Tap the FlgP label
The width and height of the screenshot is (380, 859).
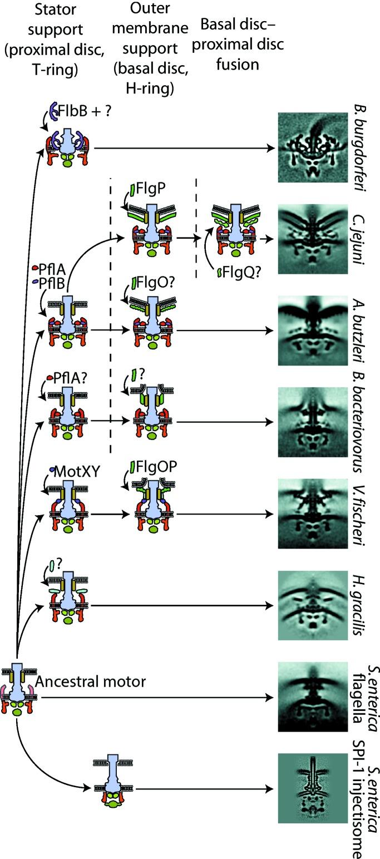pyautogui.click(x=150, y=191)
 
